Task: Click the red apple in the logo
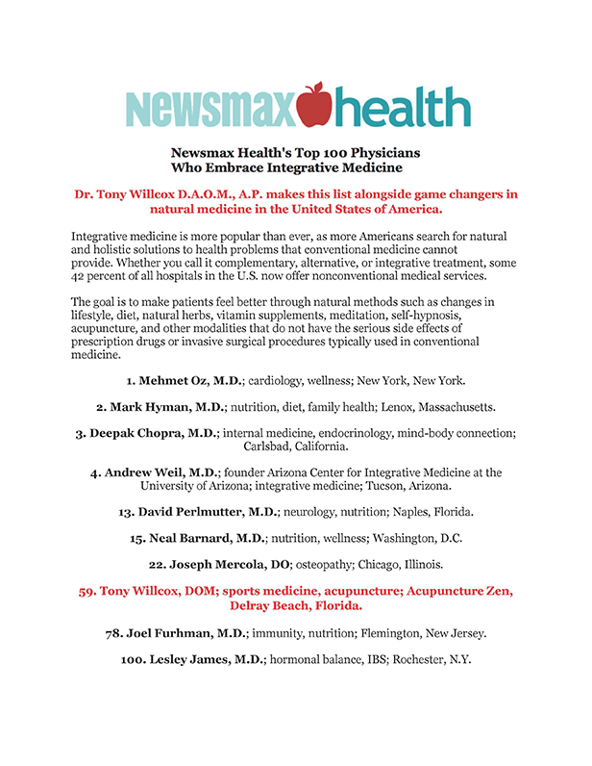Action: coord(313,105)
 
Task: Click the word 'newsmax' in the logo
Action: coord(209,110)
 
